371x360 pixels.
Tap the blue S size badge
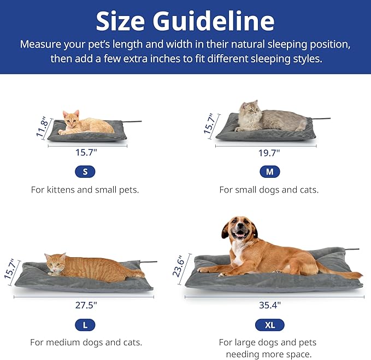(x=85, y=172)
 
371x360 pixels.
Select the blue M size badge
(x=269, y=172)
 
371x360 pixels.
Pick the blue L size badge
(x=85, y=325)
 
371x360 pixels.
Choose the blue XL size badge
(x=269, y=325)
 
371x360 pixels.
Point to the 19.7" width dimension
(x=269, y=153)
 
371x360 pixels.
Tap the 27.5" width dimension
(x=85, y=304)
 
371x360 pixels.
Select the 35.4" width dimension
(x=269, y=305)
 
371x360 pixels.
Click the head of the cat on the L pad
(x=56, y=263)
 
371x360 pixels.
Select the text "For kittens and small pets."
(x=85, y=190)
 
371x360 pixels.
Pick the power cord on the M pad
(x=322, y=118)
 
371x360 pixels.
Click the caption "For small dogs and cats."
(x=269, y=190)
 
